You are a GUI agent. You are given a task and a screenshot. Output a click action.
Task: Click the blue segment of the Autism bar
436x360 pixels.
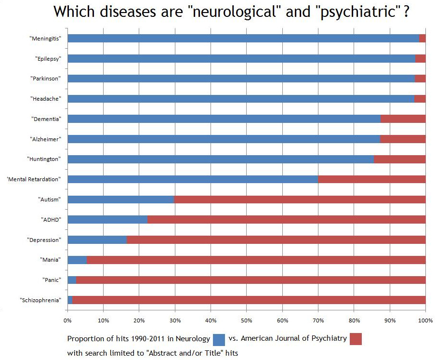(120, 199)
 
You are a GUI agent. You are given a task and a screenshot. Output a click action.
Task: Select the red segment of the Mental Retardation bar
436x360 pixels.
(371, 179)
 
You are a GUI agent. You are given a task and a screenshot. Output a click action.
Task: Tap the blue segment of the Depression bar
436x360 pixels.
(97, 240)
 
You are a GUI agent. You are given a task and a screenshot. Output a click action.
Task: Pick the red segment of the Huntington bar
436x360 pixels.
(399, 159)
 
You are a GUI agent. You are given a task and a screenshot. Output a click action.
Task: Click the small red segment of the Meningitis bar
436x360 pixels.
(423, 39)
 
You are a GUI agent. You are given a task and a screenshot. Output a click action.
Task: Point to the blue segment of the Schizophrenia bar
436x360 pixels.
(70, 300)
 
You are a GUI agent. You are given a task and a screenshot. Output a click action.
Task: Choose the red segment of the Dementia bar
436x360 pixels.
(403, 119)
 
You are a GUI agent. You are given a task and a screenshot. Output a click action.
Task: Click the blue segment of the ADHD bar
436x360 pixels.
(107, 219)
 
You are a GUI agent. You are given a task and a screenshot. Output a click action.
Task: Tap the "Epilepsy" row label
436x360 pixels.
(48, 59)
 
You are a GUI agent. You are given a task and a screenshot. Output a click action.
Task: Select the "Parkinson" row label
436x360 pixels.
(47, 79)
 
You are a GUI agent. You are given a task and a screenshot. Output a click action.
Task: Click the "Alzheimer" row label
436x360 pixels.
(46, 139)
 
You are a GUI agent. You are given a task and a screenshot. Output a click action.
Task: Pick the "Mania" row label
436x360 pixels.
(51, 260)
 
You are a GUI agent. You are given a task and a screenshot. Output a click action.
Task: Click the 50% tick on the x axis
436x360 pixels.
(246, 320)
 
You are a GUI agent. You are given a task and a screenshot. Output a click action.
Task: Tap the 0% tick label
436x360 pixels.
(67, 320)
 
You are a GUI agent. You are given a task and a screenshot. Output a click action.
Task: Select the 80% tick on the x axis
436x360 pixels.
(354, 320)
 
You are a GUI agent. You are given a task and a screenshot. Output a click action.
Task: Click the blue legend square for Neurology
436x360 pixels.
(219, 339)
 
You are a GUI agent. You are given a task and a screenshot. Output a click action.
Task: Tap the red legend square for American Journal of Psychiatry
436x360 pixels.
(356, 339)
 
